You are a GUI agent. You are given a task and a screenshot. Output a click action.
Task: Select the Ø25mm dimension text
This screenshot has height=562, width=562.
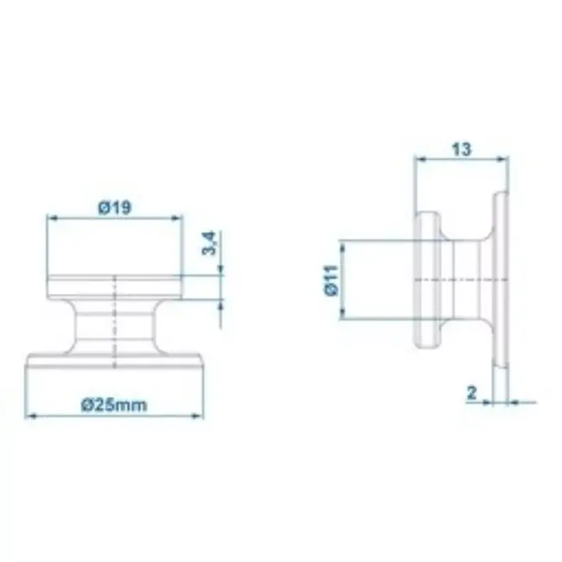pos(114,405)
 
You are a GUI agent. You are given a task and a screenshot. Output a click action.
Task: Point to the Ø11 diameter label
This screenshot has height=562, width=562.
pos(331,281)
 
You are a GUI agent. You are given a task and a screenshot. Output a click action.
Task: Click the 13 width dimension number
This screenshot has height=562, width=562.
pos(461,149)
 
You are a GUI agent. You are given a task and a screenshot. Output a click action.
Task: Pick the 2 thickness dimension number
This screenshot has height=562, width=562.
pos(471,393)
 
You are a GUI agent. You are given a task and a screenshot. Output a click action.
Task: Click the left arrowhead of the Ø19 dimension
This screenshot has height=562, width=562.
pos(51,219)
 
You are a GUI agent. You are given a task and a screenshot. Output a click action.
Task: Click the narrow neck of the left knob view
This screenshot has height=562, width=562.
pos(114,325)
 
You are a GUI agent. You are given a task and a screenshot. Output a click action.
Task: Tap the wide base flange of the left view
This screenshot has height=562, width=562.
pos(114,361)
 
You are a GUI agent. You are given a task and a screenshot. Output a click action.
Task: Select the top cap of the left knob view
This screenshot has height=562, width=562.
pos(114,286)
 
